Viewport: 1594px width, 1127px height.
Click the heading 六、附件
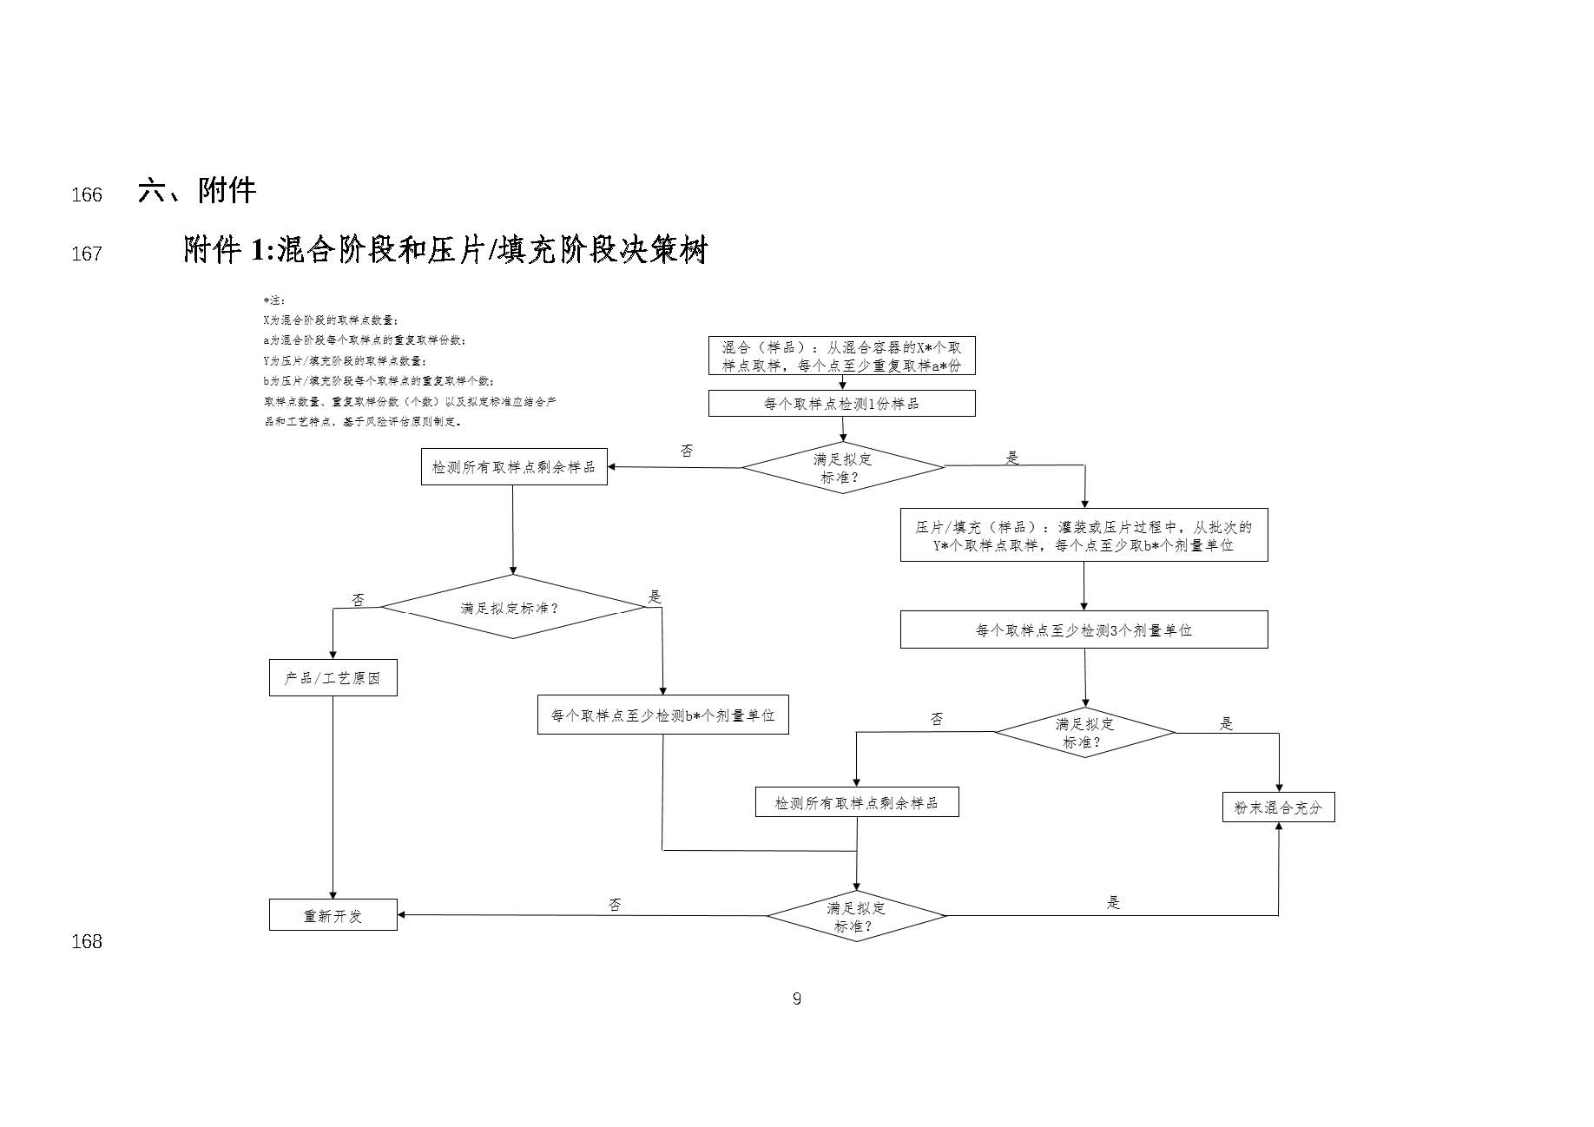point(196,191)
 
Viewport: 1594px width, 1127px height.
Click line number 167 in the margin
point(87,254)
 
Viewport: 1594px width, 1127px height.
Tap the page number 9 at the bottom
point(796,998)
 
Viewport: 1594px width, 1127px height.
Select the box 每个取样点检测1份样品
point(841,404)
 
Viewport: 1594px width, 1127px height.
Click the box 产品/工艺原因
point(333,678)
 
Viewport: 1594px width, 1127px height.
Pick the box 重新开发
point(333,916)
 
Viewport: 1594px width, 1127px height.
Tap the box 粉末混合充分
point(1278,807)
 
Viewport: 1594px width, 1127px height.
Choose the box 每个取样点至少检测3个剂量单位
point(1084,630)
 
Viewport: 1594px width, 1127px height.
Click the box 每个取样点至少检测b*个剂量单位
point(662,716)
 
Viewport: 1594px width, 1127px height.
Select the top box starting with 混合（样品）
point(841,356)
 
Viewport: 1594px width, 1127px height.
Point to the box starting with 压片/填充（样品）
point(1084,536)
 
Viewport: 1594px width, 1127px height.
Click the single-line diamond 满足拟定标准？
point(512,608)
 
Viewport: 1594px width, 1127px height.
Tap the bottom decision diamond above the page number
point(856,917)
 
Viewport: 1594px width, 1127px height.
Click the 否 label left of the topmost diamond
point(687,451)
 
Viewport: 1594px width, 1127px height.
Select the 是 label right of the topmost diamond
point(1011,458)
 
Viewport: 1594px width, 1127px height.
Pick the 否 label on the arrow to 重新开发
point(615,905)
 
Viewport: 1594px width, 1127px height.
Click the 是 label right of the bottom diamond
point(1113,903)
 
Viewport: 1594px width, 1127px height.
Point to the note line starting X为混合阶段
point(331,320)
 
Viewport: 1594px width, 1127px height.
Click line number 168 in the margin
point(87,941)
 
